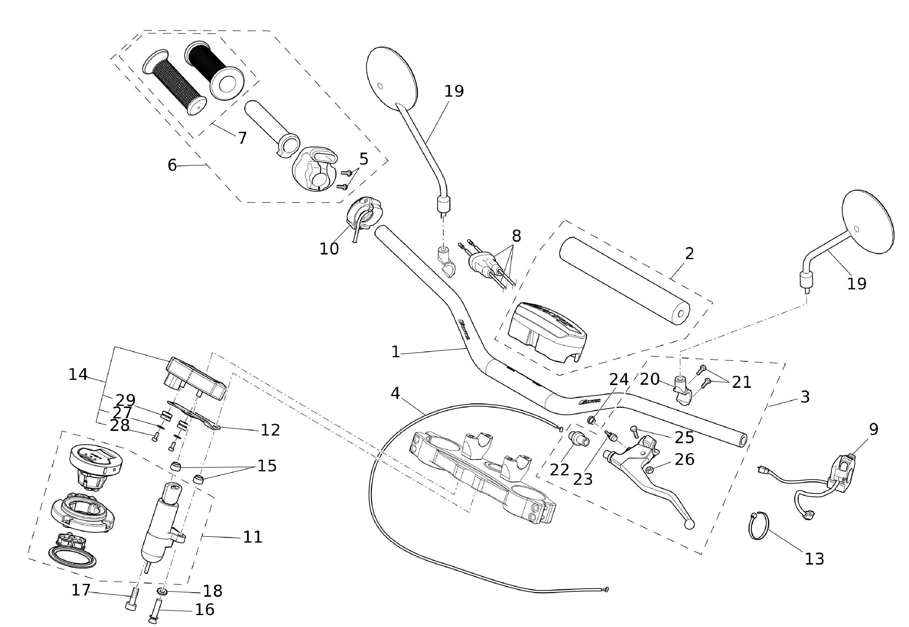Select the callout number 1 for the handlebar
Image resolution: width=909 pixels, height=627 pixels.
point(395,352)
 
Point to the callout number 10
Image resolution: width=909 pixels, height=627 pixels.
point(329,249)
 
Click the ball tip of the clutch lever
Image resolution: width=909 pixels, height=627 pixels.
point(689,525)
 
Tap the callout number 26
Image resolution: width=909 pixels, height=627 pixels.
point(684,459)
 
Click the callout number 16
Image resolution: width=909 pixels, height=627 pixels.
point(205,609)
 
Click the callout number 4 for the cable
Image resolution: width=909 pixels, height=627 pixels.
point(395,393)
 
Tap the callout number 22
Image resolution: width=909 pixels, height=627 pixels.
point(559,469)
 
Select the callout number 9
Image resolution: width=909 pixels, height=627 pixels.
point(873,429)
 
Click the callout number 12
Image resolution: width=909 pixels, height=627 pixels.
point(270,430)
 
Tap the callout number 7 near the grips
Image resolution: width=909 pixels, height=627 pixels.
point(242,138)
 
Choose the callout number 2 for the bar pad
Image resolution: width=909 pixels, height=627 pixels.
point(689,254)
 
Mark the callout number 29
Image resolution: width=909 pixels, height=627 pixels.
point(125,400)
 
